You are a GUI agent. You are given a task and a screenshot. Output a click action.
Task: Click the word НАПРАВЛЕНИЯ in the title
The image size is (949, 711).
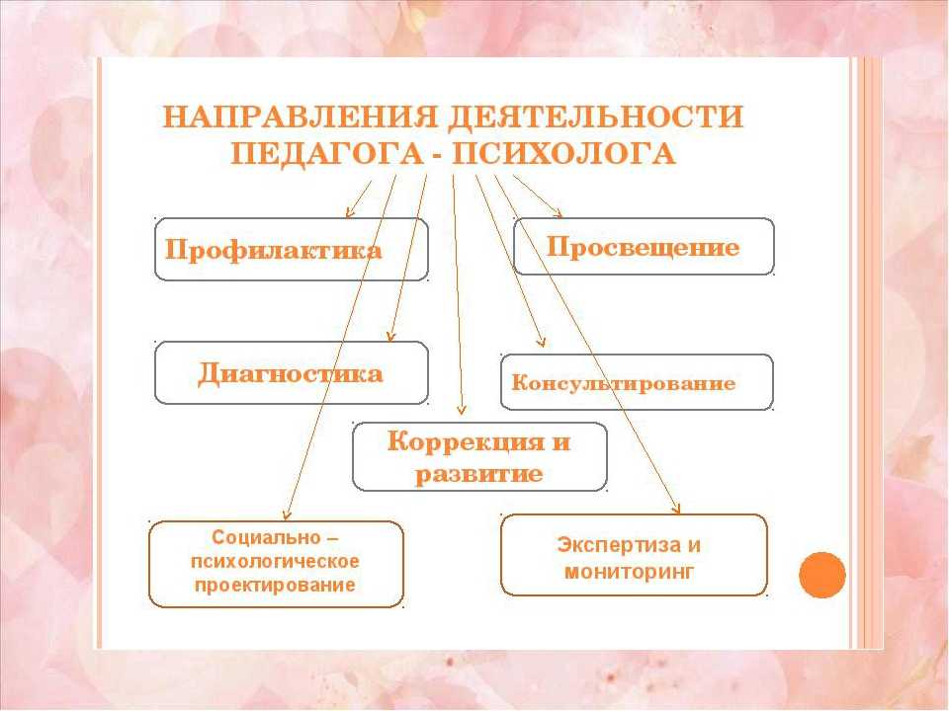(x=300, y=117)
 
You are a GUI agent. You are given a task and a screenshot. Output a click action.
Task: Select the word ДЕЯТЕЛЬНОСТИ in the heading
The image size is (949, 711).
(x=595, y=117)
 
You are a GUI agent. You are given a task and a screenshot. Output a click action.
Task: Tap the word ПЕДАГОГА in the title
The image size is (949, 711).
(x=327, y=154)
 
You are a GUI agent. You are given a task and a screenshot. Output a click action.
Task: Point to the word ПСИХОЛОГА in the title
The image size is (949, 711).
(x=563, y=154)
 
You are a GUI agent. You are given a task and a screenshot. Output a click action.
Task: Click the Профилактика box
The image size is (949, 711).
(x=291, y=249)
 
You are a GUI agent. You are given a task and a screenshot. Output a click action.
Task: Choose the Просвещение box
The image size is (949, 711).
(x=644, y=247)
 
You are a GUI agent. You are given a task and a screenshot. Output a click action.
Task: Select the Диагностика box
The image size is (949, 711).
(x=291, y=372)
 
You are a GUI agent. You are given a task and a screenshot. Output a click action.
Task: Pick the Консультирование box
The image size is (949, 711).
(x=637, y=382)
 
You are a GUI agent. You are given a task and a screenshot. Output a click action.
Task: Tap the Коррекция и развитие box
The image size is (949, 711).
(x=479, y=456)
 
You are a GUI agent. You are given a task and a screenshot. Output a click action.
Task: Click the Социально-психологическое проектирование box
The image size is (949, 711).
(x=276, y=564)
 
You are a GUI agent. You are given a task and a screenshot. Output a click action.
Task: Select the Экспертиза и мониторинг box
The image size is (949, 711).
(x=634, y=555)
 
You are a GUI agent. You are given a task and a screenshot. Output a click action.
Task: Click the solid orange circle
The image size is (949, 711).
(x=821, y=575)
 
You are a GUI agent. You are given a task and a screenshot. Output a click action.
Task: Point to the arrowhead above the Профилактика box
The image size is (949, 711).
(x=349, y=212)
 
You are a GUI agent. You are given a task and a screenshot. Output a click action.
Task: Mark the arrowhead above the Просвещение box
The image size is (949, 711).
(x=558, y=213)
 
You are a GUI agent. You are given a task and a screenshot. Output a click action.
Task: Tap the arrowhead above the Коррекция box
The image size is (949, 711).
(x=462, y=409)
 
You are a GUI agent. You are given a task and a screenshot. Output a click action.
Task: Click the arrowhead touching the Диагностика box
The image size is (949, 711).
(x=390, y=337)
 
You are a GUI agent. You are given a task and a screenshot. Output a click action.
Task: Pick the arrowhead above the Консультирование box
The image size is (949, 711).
(x=543, y=342)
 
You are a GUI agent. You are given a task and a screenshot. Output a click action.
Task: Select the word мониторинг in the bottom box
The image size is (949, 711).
(x=629, y=572)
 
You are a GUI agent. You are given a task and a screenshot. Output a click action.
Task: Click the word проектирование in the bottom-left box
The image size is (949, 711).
(x=275, y=586)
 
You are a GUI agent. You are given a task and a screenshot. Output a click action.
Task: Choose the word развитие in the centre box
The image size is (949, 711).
(x=478, y=473)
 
